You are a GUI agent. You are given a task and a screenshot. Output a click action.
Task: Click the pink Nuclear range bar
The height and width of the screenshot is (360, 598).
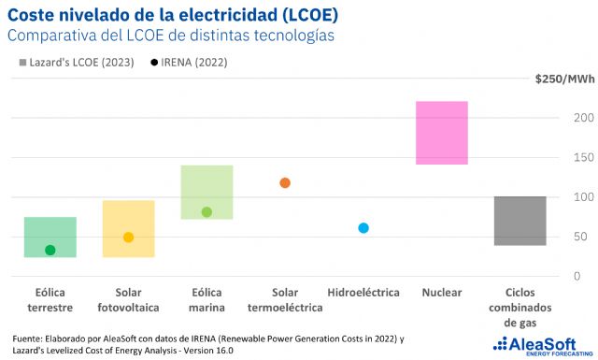[x=441, y=133]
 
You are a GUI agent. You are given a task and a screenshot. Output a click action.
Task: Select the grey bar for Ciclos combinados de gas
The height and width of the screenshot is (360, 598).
[x=520, y=221]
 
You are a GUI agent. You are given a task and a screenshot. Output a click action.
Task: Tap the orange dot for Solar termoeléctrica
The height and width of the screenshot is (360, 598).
[x=285, y=182]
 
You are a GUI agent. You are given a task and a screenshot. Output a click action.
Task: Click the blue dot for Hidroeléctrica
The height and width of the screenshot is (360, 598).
[x=363, y=228]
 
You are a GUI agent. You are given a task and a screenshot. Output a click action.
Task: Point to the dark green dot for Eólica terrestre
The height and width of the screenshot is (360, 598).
[x=50, y=250]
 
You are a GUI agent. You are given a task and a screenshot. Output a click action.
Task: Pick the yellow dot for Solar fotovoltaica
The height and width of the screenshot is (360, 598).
[x=128, y=238]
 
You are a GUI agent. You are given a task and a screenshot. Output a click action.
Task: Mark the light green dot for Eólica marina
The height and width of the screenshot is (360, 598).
[x=206, y=212]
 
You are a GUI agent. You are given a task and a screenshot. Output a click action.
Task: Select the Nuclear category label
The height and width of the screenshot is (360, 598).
[x=441, y=293]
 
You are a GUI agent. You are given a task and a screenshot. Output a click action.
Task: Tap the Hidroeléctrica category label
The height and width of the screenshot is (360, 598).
[x=363, y=293]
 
